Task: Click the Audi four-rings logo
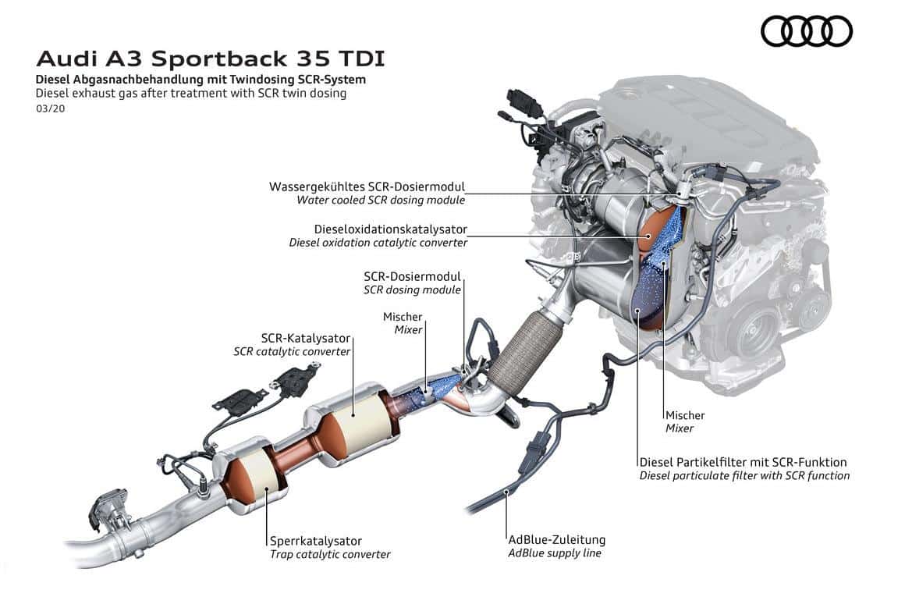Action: [806, 32]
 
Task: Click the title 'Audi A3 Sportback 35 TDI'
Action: [210, 59]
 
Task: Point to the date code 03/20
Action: [51, 108]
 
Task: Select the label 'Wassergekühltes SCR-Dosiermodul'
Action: [367, 187]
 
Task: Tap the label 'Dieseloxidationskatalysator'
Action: [390, 229]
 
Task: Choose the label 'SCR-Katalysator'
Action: [305, 339]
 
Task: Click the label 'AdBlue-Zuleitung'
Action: [556, 539]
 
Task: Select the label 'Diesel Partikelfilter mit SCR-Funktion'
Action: [743, 462]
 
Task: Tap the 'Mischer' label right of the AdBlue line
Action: [684, 415]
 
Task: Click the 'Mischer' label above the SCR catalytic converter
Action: [403, 317]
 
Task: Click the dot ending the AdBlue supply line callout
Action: [507, 492]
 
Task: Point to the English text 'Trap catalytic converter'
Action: [330, 554]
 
